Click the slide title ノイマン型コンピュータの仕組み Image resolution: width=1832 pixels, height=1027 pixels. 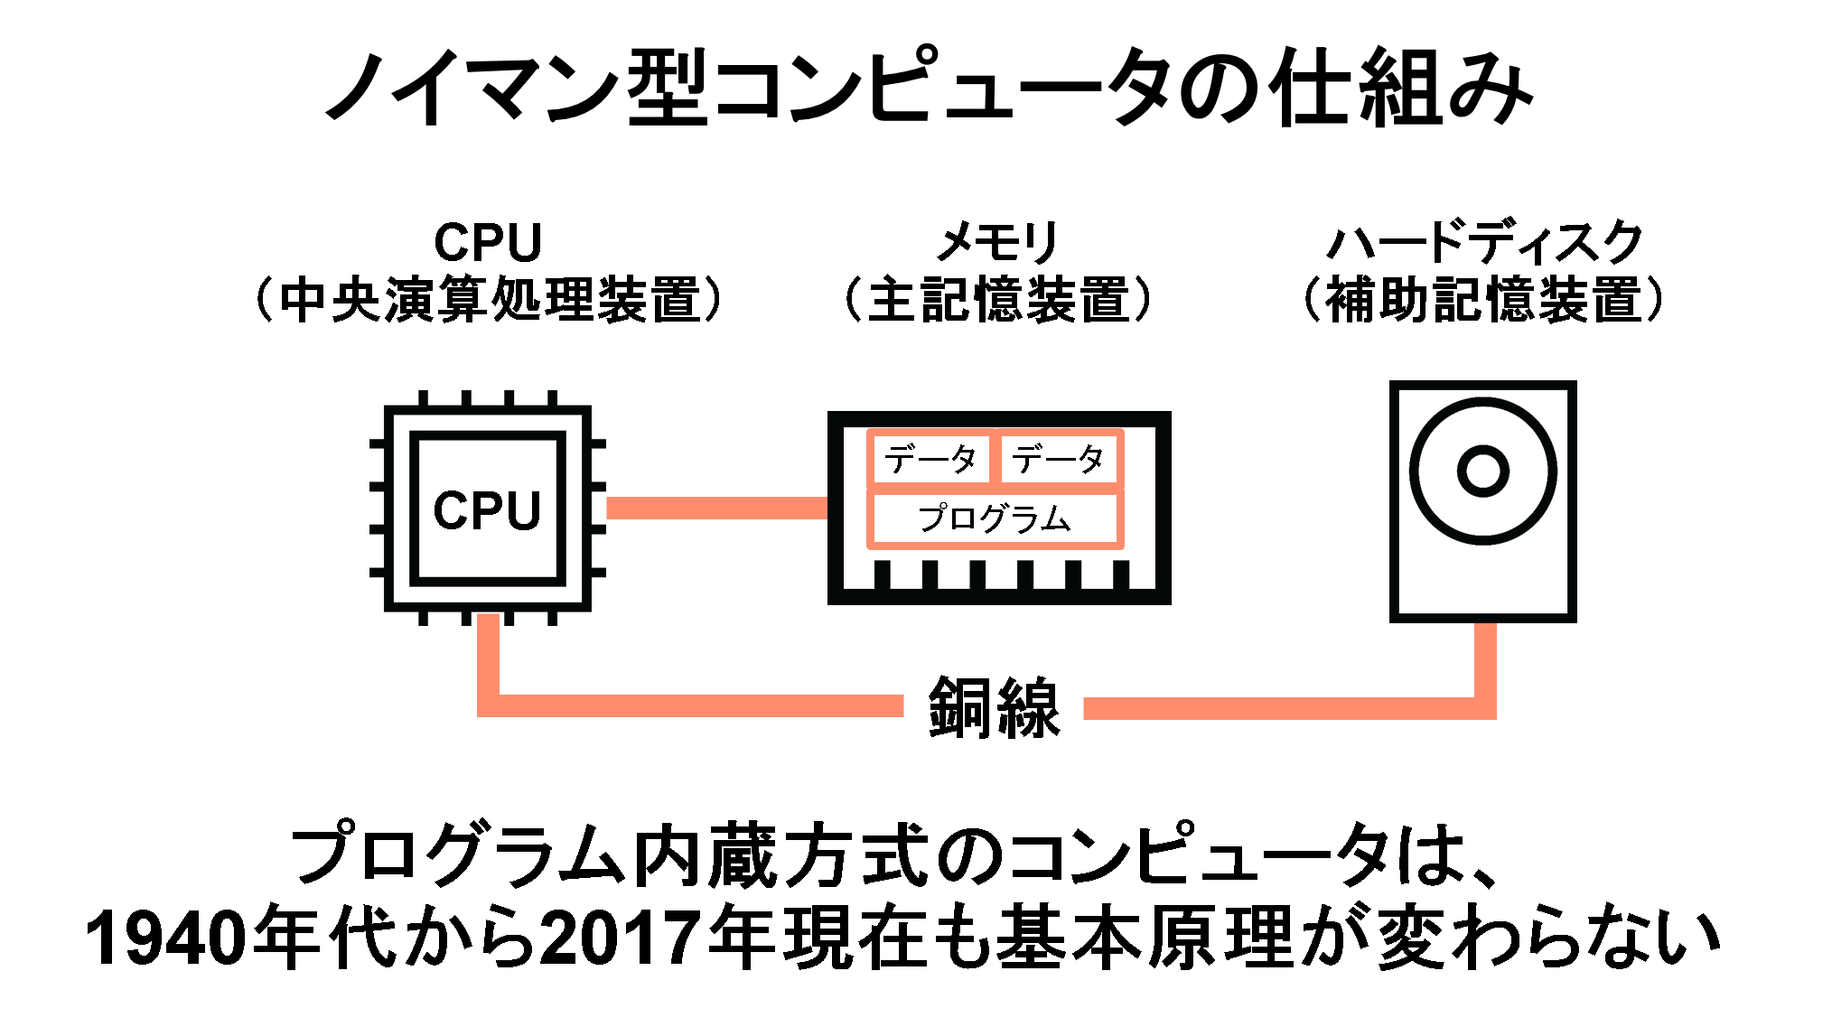(x=930, y=87)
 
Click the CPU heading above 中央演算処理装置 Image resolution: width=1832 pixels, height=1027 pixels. (x=488, y=242)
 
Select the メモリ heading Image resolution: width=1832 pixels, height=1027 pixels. (x=996, y=242)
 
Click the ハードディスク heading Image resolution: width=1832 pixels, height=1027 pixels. (x=1484, y=242)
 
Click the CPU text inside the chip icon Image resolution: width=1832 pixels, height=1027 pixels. (x=487, y=510)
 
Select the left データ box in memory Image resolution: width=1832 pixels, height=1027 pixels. (x=930, y=459)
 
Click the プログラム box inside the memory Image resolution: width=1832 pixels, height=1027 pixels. (x=995, y=518)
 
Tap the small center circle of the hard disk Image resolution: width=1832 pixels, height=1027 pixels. (x=1483, y=471)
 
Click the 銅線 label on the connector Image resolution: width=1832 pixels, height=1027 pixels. (x=994, y=707)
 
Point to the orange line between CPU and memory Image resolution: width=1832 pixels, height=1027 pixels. (x=717, y=509)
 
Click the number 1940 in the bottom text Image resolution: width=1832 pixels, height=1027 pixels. (x=165, y=937)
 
